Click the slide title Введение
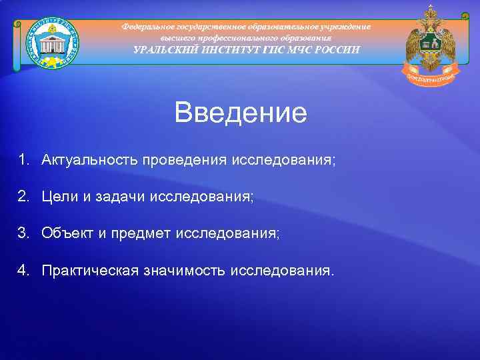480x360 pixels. (x=241, y=113)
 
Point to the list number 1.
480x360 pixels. (x=23, y=160)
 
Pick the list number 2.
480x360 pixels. (x=23, y=197)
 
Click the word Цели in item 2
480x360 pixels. (x=61, y=197)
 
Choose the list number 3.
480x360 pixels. (x=23, y=233)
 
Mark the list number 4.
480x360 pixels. (x=23, y=270)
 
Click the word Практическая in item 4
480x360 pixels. (x=90, y=270)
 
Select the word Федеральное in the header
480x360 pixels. (x=147, y=26)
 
